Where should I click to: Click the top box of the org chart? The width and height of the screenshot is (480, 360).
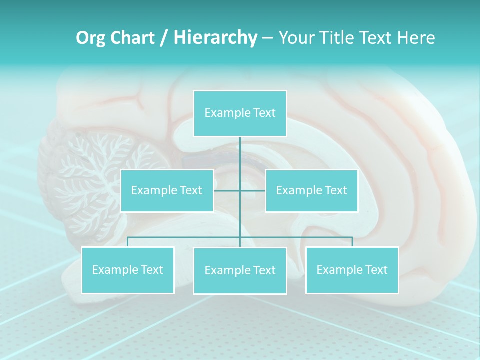pyautogui.click(x=240, y=113)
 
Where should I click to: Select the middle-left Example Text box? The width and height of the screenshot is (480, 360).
pyautogui.click(x=167, y=190)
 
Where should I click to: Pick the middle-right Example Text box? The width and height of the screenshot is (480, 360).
pyautogui.click(x=311, y=190)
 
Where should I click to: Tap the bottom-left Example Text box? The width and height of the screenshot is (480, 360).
pyautogui.click(x=127, y=270)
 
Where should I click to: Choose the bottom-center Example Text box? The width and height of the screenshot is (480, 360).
pyautogui.click(x=240, y=270)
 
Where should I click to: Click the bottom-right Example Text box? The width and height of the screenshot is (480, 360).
pyautogui.click(x=352, y=270)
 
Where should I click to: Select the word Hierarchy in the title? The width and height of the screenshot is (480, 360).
pyautogui.click(x=215, y=38)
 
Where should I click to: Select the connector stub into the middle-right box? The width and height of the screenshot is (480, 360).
pyautogui.click(x=253, y=190)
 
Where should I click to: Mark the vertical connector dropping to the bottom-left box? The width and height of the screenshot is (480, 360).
pyautogui.click(x=127, y=242)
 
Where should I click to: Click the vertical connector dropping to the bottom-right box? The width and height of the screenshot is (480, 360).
pyautogui.click(x=352, y=242)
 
